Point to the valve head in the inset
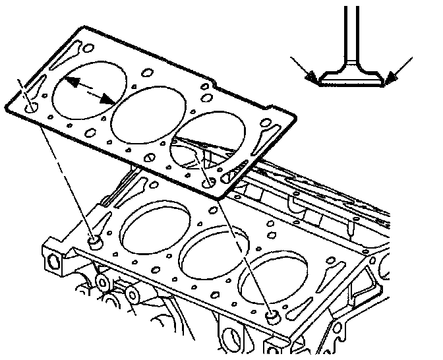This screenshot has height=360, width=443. coord(349,77)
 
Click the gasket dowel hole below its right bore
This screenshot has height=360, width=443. coord(209,182)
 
